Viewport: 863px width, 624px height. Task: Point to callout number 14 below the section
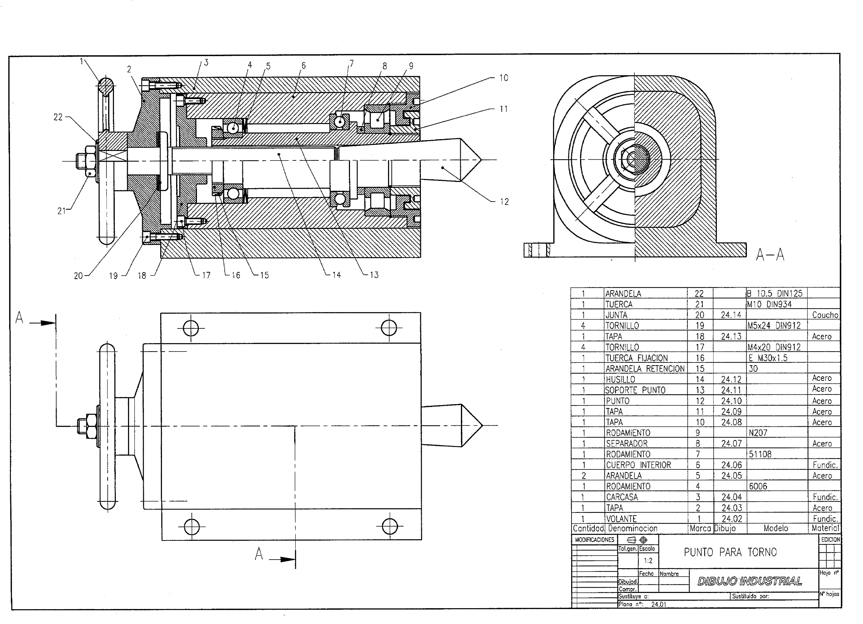point(336,275)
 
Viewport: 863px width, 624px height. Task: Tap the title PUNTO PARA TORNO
point(730,552)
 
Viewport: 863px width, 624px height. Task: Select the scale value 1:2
point(648,561)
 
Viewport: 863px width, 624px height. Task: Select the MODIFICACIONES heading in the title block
point(594,540)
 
